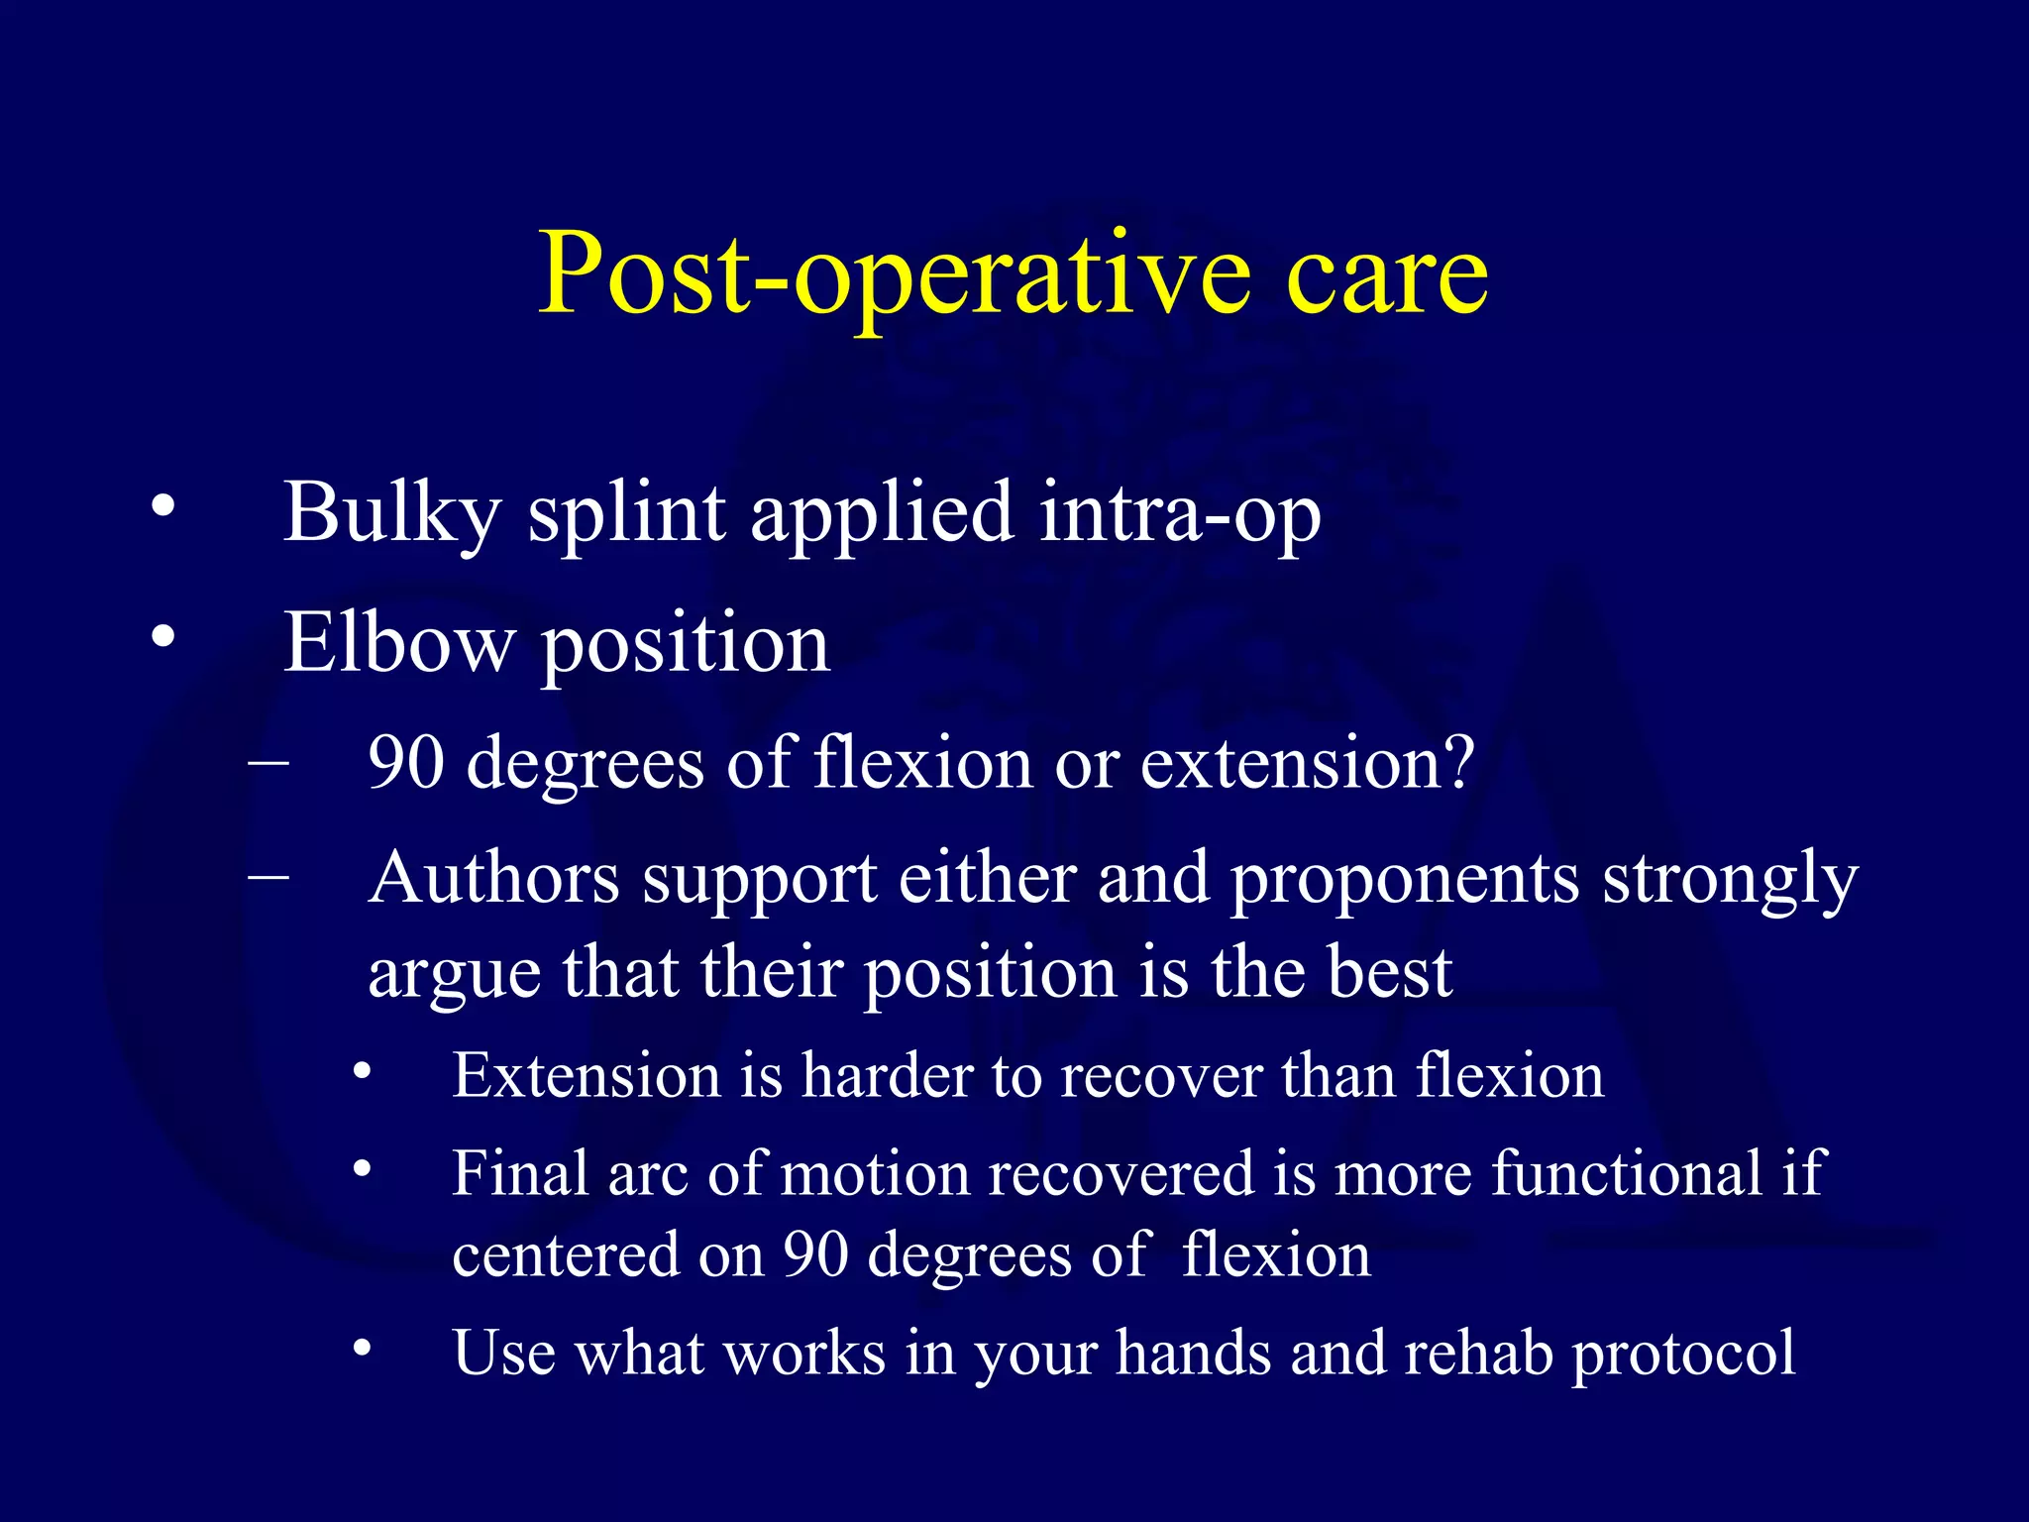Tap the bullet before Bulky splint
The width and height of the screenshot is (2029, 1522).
(x=163, y=508)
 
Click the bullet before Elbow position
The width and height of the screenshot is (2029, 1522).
(x=163, y=636)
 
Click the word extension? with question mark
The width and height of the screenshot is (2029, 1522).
(x=1308, y=765)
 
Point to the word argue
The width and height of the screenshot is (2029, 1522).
(x=454, y=976)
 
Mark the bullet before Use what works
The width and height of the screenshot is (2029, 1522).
(x=363, y=1348)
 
